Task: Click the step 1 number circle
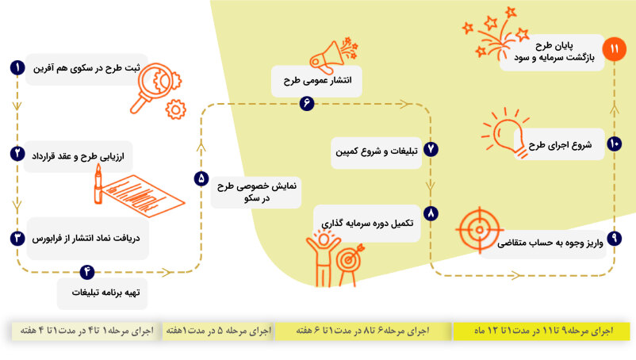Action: pyautogui.click(x=17, y=67)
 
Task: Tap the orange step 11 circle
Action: pyautogui.click(x=614, y=49)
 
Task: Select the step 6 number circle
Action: pyautogui.click(x=307, y=103)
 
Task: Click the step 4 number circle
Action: pyautogui.click(x=86, y=272)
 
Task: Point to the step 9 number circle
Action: pyautogui.click(x=614, y=238)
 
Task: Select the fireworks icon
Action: pyautogui.click(x=496, y=33)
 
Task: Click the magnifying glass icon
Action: pyautogui.click(x=155, y=87)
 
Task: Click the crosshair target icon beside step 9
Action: pyautogui.click(x=480, y=230)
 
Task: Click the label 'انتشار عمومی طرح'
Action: pyautogui.click(x=317, y=80)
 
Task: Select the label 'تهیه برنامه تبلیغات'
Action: pyautogui.click(x=105, y=293)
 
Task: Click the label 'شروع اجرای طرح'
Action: pyautogui.click(x=560, y=145)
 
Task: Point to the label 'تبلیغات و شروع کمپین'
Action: pyautogui.click(x=377, y=151)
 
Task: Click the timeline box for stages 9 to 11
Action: pyautogui.click(x=542, y=331)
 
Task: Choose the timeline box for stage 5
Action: pyautogui.click(x=218, y=331)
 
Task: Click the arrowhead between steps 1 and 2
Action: pyautogui.click(x=17, y=106)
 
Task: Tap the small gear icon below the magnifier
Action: pyautogui.click(x=175, y=109)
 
